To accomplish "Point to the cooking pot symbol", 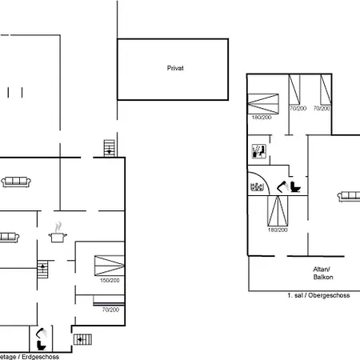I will (x=58, y=236).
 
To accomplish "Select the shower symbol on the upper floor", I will (x=258, y=150).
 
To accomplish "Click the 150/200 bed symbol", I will (x=108, y=265).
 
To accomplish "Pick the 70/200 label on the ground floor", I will (x=109, y=309).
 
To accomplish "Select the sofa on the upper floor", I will (x=349, y=196).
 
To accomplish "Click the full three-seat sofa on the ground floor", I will (x=16, y=182).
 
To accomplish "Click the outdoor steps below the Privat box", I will (x=110, y=147).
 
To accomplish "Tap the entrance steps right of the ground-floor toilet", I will (x=81, y=338).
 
